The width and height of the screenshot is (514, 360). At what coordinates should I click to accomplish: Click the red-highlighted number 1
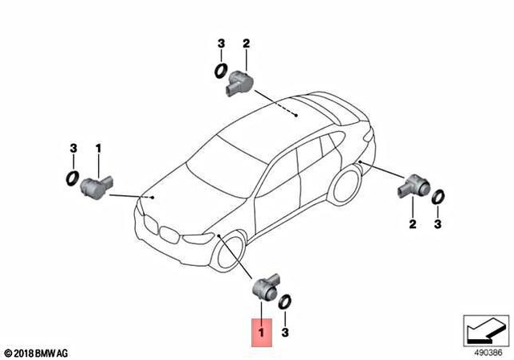[x=260, y=330]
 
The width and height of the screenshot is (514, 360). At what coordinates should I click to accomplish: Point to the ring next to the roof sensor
[x=219, y=72]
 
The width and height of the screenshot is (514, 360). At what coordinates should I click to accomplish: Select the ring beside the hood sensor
[x=72, y=177]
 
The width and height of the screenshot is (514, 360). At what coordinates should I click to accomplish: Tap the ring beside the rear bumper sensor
[x=438, y=198]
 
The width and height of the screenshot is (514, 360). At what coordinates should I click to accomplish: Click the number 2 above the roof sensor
[x=247, y=43]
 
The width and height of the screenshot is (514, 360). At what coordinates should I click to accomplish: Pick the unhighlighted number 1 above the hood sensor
[x=99, y=149]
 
